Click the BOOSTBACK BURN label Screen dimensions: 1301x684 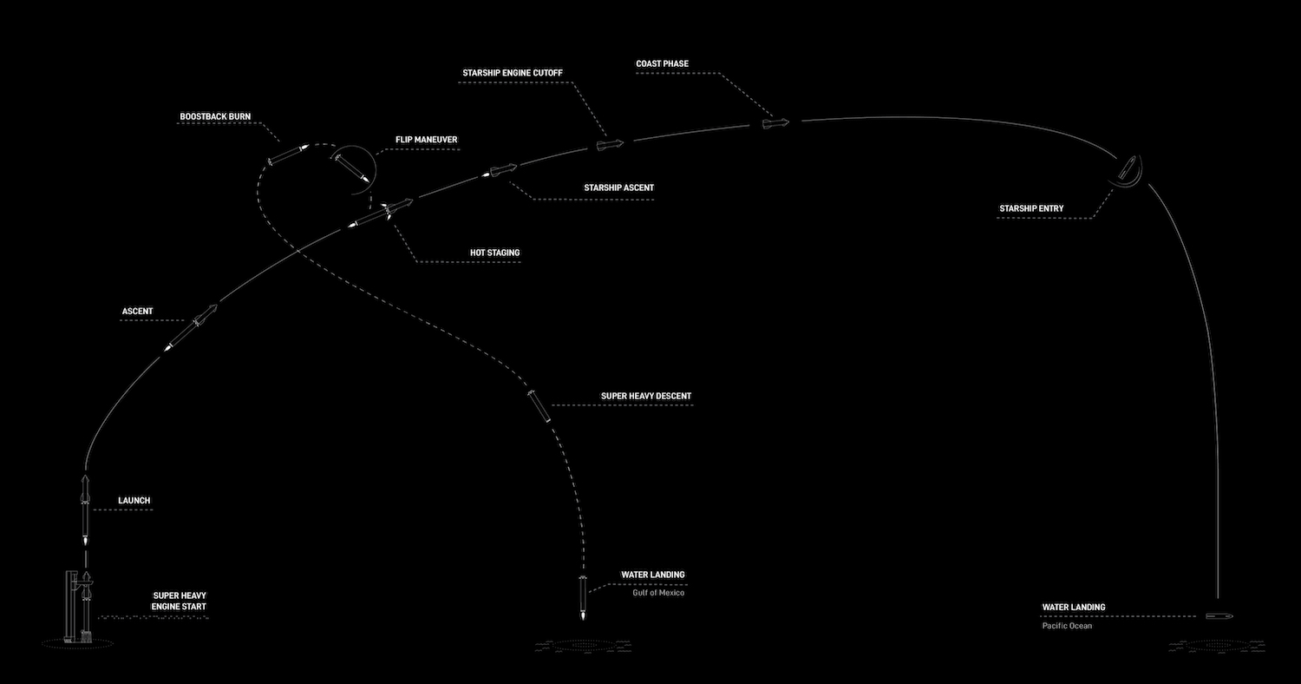coord(215,117)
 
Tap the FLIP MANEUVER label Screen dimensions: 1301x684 coord(427,140)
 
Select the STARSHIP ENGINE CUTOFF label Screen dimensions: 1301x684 coord(513,73)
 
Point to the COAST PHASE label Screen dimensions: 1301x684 coord(662,64)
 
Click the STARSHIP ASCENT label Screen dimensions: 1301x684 coord(618,187)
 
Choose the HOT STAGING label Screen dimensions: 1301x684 coord(495,253)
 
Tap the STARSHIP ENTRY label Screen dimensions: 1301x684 coord(1031,208)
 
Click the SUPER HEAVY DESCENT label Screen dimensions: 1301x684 coord(646,397)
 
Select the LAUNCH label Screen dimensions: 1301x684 coord(134,500)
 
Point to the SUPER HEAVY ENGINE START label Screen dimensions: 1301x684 coord(179,601)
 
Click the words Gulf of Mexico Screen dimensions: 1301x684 coord(658,593)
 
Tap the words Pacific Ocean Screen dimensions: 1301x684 coord(1067,626)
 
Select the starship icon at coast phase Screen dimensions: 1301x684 coord(775,123)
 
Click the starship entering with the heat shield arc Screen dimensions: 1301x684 coord(1128,169)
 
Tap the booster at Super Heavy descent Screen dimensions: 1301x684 coord(539,406)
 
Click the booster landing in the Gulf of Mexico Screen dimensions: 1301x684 coord(583,597)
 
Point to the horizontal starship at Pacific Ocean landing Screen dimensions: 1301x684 coord(1219,616)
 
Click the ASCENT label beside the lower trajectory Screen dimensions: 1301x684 coord(137,312)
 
